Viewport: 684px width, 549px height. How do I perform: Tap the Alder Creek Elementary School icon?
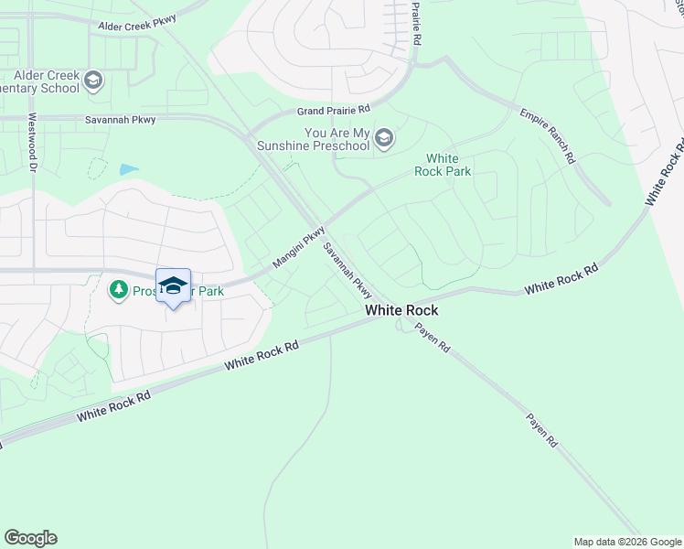92,81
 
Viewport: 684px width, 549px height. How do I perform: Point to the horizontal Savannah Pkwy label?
121,120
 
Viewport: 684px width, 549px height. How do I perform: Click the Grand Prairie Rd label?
332,111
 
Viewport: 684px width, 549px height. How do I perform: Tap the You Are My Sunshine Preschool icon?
384,139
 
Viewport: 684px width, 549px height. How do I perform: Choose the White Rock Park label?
443,165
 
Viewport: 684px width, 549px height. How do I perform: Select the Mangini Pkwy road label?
299,248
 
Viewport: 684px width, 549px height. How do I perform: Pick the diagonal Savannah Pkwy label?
347,270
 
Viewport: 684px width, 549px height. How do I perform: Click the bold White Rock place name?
401,311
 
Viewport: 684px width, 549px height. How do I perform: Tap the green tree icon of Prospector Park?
118,290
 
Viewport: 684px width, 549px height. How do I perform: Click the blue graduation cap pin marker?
173,286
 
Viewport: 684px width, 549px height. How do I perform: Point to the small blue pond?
129,169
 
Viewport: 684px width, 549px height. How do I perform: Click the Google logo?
30,538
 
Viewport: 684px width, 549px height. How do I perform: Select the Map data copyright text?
627,542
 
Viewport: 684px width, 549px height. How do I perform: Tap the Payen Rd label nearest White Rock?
432,337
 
